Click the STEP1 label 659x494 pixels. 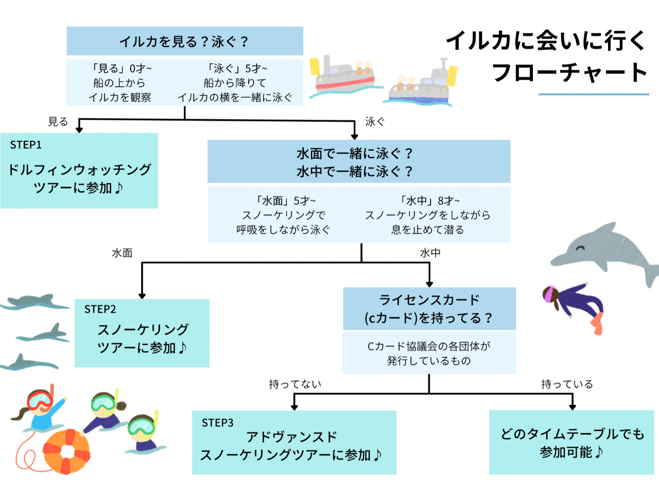pos(26,145)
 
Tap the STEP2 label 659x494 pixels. pos(100,309)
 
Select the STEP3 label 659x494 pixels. pos(217,423)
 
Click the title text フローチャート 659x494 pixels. pos(570,72)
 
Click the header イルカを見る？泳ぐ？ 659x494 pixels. pos(184,41)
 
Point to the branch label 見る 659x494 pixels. pos(58,122)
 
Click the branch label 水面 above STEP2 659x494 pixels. pos(122,253)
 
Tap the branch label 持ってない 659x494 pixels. pos(295,384)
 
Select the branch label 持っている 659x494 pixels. pos(567,384)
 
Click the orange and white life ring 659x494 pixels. pos(66,451)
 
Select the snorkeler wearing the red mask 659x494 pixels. pos(39,407)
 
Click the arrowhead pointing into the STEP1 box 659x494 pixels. pos(79,130)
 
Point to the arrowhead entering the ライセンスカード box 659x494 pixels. pos(429,284)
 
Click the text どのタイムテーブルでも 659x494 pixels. pos(572,434)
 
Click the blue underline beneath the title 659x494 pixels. pos(593,94)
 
